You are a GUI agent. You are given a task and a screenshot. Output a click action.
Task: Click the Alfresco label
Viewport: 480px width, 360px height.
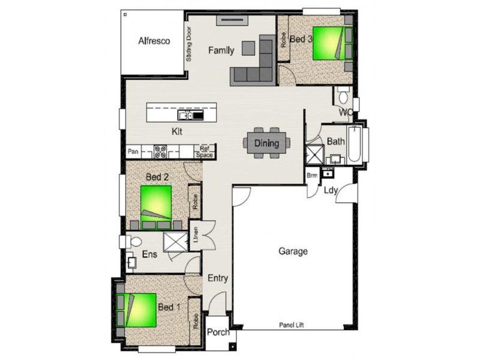155,41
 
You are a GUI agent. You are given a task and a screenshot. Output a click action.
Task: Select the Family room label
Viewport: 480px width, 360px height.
221,50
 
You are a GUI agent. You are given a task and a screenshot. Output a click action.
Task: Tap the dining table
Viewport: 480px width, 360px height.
266,143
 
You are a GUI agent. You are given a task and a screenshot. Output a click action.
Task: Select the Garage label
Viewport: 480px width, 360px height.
293,251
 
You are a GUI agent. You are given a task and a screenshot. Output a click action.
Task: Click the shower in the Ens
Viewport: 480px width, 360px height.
176,242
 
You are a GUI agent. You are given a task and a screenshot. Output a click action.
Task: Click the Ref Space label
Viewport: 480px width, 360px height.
205,152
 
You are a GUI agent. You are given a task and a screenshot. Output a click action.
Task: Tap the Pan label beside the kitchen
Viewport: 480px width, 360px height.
133,151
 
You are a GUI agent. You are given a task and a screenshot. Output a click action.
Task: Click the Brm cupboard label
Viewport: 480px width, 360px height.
312,175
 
